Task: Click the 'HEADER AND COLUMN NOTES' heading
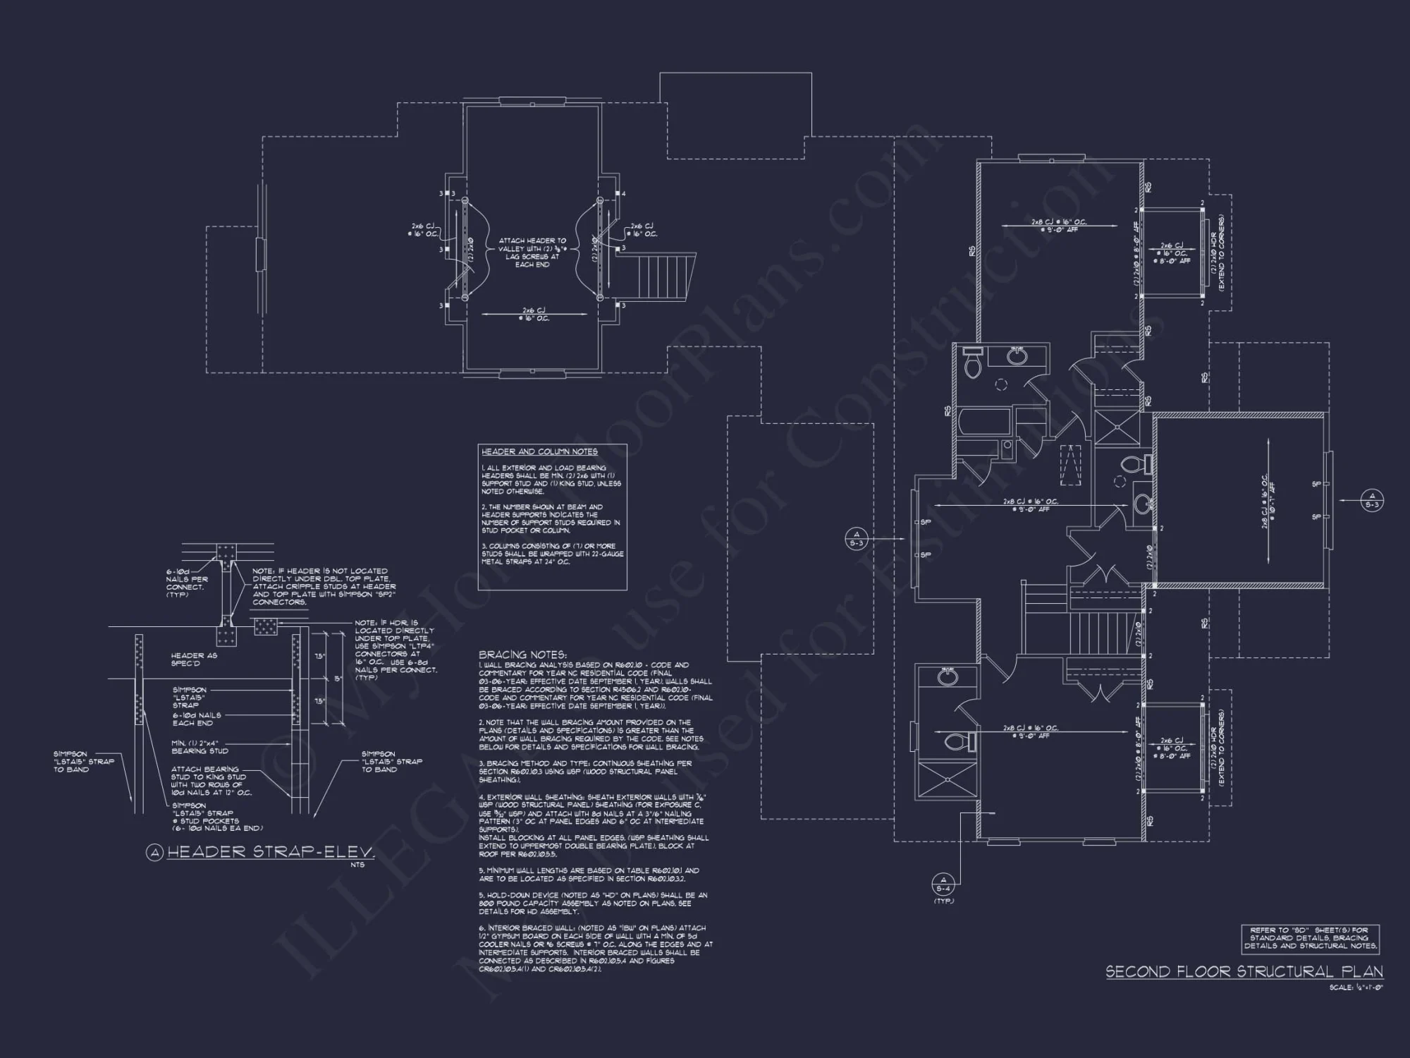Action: click(x=539, y=451)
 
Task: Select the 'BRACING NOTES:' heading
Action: click(x=522, y=655)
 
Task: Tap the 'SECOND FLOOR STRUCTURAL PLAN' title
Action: click(x=1244, y=972)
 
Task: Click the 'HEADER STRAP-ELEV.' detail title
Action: click(x=271, y=852)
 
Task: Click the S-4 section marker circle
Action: click(x=943, y=884)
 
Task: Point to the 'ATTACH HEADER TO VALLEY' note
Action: click(x=532, y=253)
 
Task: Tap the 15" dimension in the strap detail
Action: click(x=338, y=679)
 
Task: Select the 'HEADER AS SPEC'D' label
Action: click(x=194, y=659)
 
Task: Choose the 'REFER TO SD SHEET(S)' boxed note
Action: click(x=1310, y=938)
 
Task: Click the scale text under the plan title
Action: click(x=1356, y=987)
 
